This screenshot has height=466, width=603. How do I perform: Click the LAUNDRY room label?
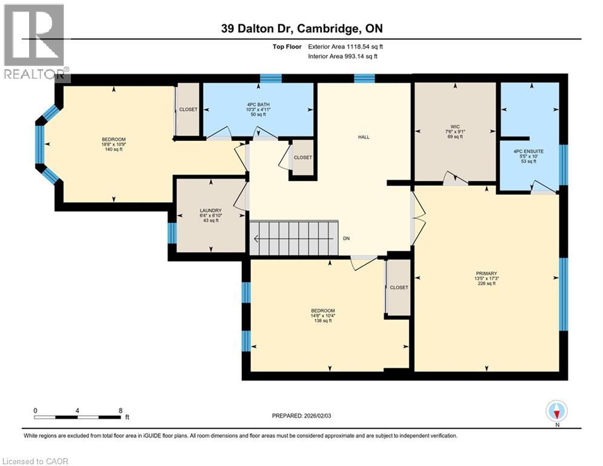pyautogui.click(x=210, y=211)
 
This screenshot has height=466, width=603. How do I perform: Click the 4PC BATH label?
pyautogui.click(x=258, y=103)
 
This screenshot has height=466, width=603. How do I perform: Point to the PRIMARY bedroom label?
pyautogui.click(x=486, y=273)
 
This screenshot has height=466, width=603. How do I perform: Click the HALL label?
pyautogui.click(x=364, y=137)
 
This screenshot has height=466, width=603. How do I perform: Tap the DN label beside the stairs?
pyautogui.click(x=346, y=239)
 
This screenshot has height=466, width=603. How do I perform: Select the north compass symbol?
pyautogui.click(x=556, y=411)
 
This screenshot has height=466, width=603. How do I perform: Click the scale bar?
pyautogui.click(x=77, y=417)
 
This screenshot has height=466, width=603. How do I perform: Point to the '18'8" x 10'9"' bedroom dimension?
pyautogui.click(x=113, y=144)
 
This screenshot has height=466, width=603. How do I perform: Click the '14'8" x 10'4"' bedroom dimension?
pyautogui.click(x=322, y=316)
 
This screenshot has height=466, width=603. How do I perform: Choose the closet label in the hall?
pyautogui.click(x=302, y=158)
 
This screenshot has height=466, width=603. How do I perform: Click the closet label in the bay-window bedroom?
pyautogui.click(x=188, y=110)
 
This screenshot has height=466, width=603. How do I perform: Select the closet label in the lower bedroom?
pyautogui.click(x=399, y=288)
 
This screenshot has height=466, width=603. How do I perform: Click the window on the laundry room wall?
pyautogui.click(x=172, y=233)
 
